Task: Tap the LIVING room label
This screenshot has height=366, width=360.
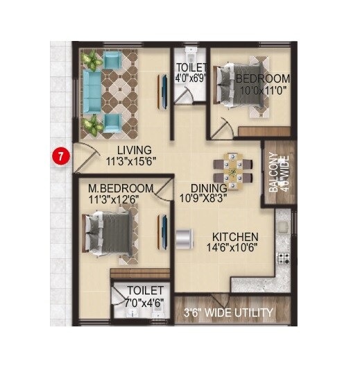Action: click(134, 150)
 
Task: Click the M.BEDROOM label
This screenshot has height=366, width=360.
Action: click(121, 189)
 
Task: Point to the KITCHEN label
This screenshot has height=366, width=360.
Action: click(235, 237)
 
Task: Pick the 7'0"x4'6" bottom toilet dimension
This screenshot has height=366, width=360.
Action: click(145, 301)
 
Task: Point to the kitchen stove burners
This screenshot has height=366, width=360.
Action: click(283, 258)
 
